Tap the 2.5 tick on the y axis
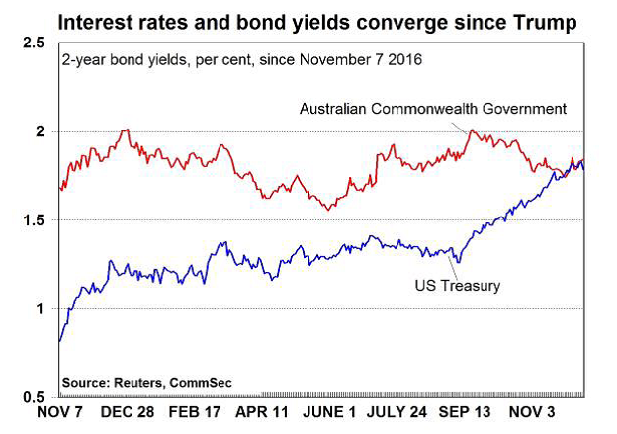[33, 43]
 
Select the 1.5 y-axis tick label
[33, 220]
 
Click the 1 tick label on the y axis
[40, 309]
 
